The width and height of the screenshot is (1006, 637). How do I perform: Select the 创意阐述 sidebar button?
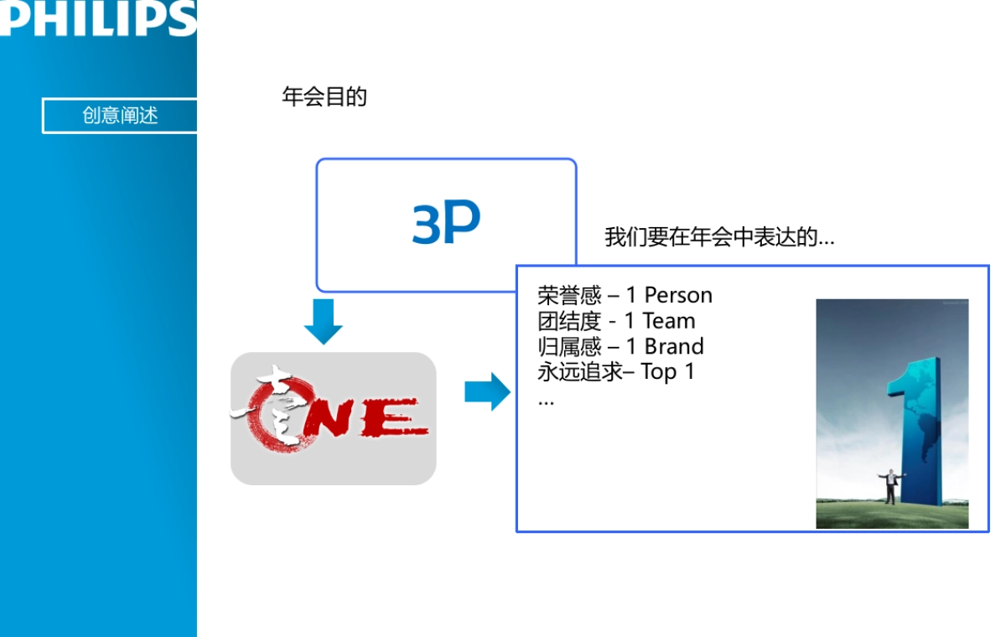click(x=120, y=116)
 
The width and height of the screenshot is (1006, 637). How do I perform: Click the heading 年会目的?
click(x=324, y=97)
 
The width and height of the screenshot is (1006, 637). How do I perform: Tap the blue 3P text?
click(x=446, y=224)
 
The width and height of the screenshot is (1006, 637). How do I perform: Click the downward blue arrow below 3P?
click(x=323, y=322)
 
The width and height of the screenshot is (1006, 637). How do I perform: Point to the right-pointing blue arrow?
click(x=487, y=391)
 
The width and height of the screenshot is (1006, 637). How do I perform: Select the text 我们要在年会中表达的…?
click(x=719, y=237)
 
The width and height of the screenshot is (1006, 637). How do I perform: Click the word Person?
click(x=678, y=295)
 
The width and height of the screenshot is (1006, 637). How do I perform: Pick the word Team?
click(x=669, y=321)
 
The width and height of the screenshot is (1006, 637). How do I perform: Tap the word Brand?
click(x=674, y=347)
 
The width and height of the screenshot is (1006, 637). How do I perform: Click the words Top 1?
click(x=668, y=372)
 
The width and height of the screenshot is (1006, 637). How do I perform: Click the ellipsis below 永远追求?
click(x=546, y=401)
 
